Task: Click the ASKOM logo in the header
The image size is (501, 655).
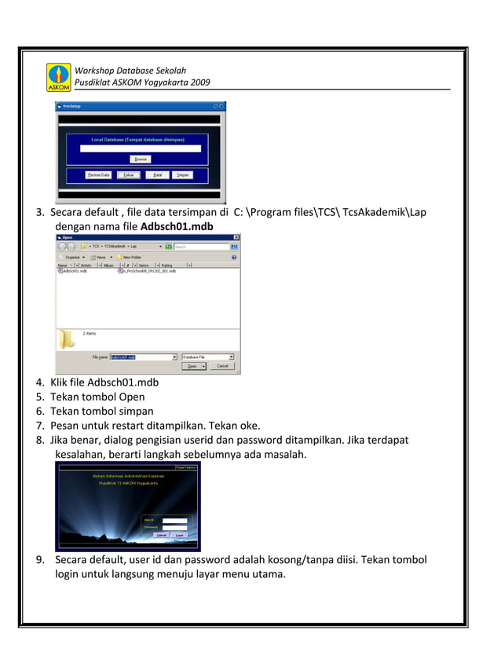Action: (x=59, y=78)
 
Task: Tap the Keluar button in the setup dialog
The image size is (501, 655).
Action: (x=128, y=175)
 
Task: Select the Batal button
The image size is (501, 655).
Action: (x=157, y=175)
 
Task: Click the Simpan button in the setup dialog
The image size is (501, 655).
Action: (x=183, y=175)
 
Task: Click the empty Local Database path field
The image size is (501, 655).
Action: (x=140, y=148)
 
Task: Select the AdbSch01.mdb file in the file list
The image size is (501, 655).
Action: (x=75, y=271)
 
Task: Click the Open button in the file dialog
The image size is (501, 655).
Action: (x=191, y=366)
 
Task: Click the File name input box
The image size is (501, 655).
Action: (x=142, y=357)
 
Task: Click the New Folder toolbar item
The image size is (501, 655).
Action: (x=130, y=257)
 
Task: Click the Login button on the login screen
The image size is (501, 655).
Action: (x=180, y=535)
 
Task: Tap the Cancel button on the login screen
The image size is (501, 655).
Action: (x=161, y=535)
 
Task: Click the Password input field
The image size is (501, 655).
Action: (x=175, y=526)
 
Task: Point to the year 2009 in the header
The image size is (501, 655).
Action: (x=201, y=82)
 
